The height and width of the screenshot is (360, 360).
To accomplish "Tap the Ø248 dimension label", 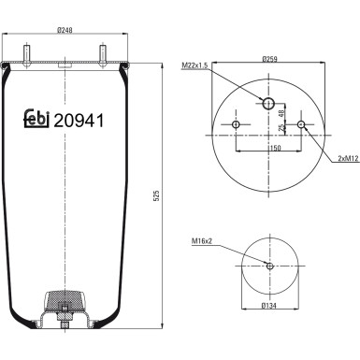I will click(x=65, y=30).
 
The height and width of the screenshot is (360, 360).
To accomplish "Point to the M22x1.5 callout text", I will click(x=195, y=66).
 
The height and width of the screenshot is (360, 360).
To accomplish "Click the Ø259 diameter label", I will click(x=271, y=59).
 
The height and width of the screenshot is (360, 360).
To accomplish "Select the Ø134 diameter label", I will click(x=270, y=305).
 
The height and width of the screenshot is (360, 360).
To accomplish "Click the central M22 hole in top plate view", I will click(x=268, y=104).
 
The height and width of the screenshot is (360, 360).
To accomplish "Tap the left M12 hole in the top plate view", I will click(x=236, y=125).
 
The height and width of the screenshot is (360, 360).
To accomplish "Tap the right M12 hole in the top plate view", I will click(x=301, y=125).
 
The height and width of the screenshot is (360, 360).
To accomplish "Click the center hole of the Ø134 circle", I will click(x=269, y=266).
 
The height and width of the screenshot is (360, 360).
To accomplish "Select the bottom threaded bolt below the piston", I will click(x=64, y=324).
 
